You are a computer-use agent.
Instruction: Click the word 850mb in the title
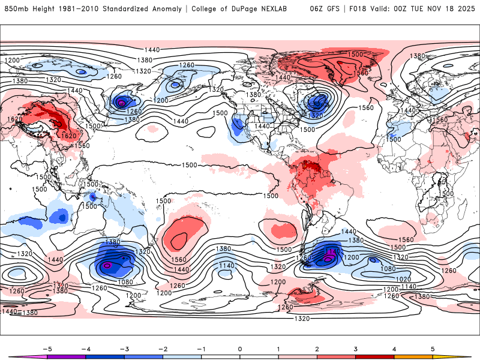tap(14, 9)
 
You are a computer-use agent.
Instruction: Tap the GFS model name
tap(335, 9)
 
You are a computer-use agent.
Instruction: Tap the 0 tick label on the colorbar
tap(240, 349)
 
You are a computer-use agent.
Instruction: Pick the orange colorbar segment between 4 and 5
tap(413, 357)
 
